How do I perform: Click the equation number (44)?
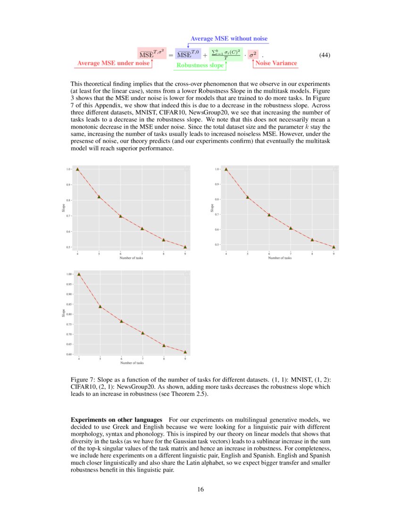325,55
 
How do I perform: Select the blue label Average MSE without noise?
229,39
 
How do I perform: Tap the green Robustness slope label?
200,66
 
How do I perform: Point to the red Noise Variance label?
276,63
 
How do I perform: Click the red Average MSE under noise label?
113,63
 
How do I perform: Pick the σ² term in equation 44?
252,55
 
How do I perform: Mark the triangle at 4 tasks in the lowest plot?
79,274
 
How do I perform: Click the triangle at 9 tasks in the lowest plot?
185,352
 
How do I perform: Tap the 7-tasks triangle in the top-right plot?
291,228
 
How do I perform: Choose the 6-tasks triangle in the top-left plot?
121,216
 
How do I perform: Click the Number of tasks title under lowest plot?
132,363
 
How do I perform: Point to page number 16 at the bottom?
200,489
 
